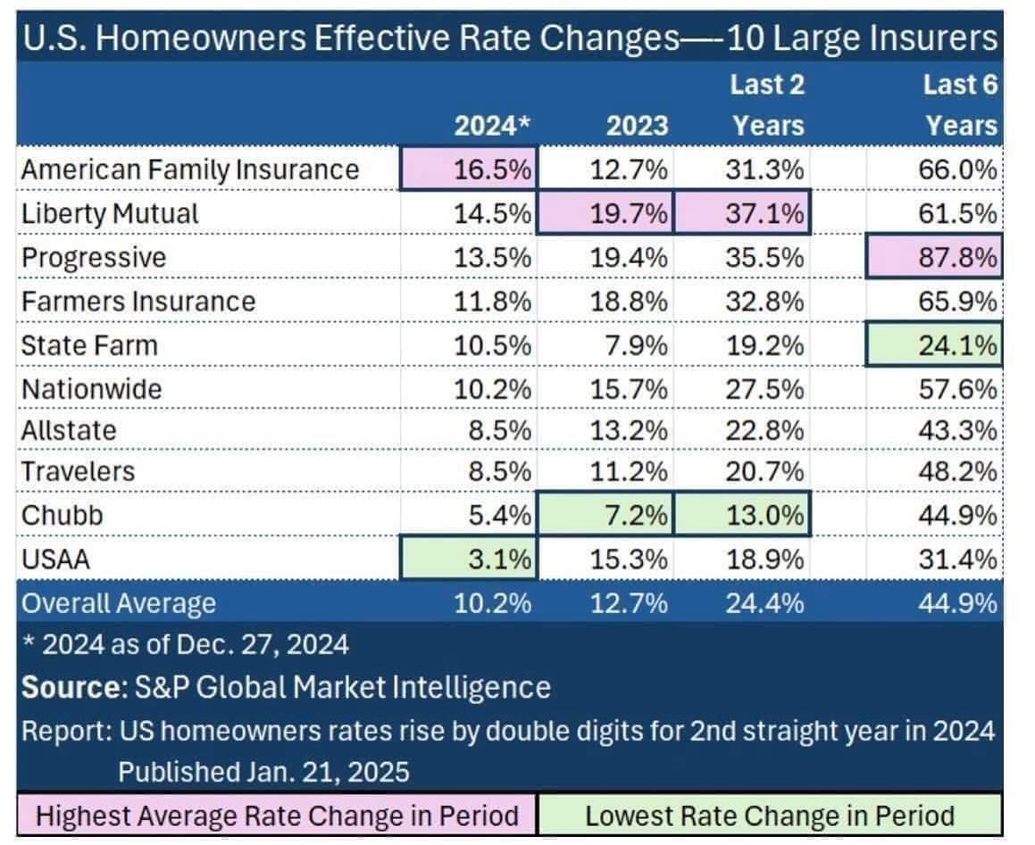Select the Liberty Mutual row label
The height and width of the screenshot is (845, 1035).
[x=110, y=213]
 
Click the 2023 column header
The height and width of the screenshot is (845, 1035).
[x=637, y=126]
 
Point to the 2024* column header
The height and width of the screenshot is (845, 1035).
[x=493, y=126]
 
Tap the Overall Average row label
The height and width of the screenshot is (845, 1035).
[x=119, y=604]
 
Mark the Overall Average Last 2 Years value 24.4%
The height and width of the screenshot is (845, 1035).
[x=768, y=604]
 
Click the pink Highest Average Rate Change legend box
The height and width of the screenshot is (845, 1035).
[x=277, y=816]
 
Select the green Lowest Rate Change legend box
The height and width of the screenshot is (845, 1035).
[x=769, y=816]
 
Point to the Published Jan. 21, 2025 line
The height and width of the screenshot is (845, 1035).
[x=263, y=771]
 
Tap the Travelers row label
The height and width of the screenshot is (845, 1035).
[x=78, y=470]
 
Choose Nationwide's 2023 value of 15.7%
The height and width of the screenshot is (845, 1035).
[x=630, y=388]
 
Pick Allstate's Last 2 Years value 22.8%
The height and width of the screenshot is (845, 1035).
[x=768, y=430]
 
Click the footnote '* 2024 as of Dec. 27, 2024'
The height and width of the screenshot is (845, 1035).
[x=185, y=644]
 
